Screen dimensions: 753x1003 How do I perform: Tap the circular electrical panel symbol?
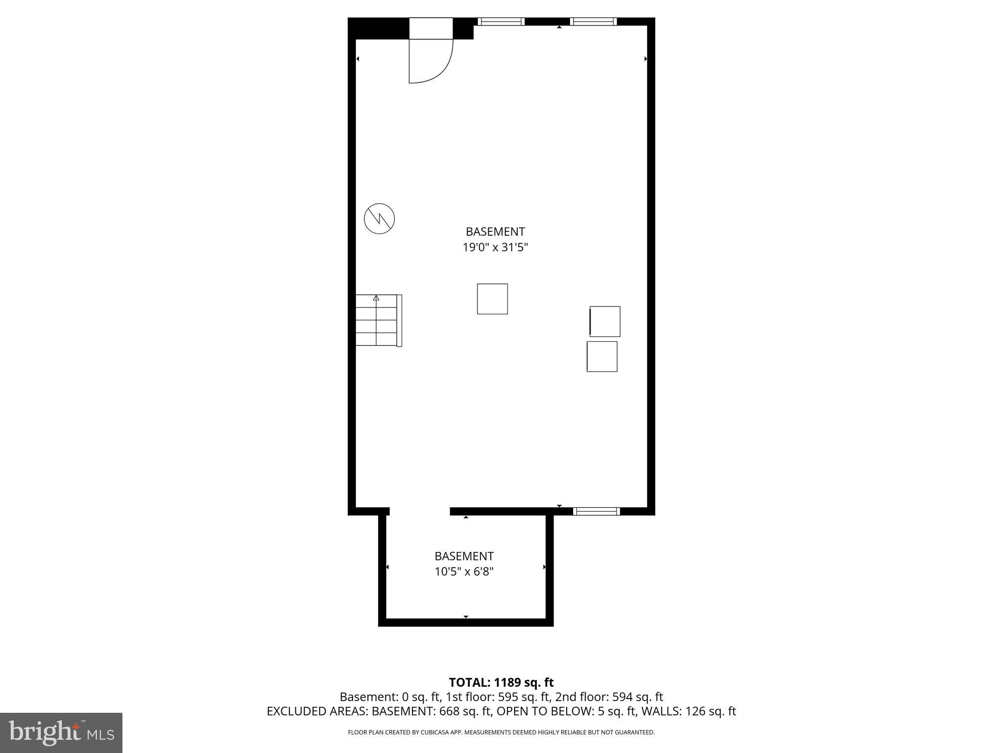coord(380,219)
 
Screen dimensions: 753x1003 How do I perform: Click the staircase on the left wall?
coord(377,321)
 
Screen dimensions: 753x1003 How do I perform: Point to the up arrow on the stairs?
coord(376,298)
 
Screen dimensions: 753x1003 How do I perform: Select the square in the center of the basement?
coord(492,299)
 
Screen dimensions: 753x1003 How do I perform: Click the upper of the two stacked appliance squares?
coord(605,322)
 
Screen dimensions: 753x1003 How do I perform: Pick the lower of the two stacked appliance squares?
coord(602,356)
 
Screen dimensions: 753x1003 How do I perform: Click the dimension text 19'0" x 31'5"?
coord(495,248)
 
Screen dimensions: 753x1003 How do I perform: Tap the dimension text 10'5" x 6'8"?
coord(464,572)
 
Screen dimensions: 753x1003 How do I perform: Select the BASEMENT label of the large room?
coord(495,231)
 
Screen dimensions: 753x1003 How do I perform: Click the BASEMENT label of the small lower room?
coord(464,556)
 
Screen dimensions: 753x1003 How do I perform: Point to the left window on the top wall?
coord(501,22)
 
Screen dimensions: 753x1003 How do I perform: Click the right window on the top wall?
coord(593,22)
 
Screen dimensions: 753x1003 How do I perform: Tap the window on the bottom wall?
coord(596,511)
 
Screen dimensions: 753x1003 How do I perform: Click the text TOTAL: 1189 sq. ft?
coord(501,682)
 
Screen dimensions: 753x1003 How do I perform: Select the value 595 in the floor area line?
coord(508,697)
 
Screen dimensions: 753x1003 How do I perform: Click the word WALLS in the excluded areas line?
coord(661,711)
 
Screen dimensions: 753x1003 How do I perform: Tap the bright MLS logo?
coord(61,733)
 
